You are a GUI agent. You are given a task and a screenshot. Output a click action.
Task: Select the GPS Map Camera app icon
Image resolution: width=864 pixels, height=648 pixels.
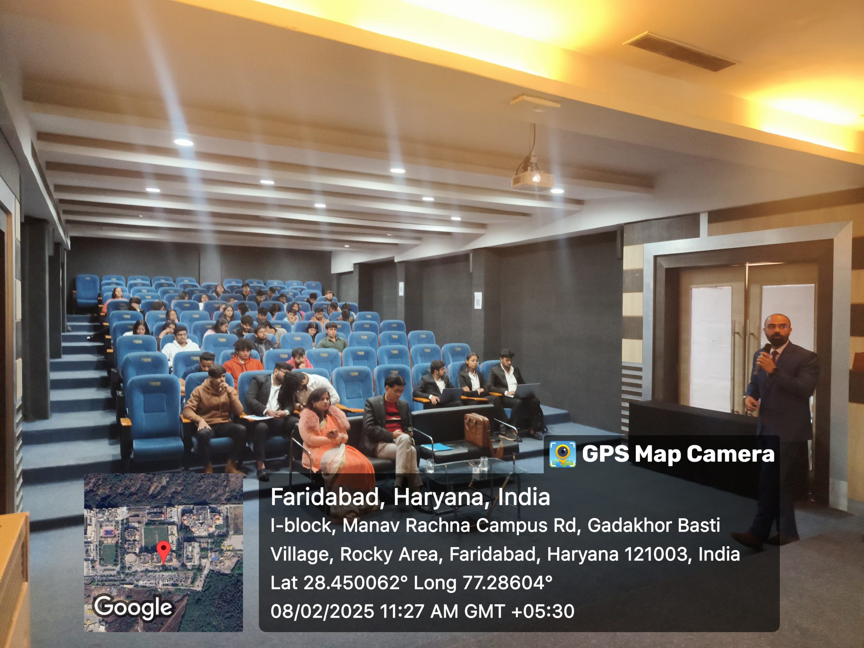[x=563, y=454]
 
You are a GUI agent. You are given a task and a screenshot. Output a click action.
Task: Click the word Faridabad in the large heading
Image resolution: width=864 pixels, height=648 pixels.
[x=325, y=497]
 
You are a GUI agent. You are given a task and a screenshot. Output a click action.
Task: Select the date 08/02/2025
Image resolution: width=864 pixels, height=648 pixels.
[x=322, y=611]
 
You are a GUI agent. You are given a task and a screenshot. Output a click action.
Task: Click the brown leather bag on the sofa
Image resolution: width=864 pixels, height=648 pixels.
[x=477, y=430]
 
